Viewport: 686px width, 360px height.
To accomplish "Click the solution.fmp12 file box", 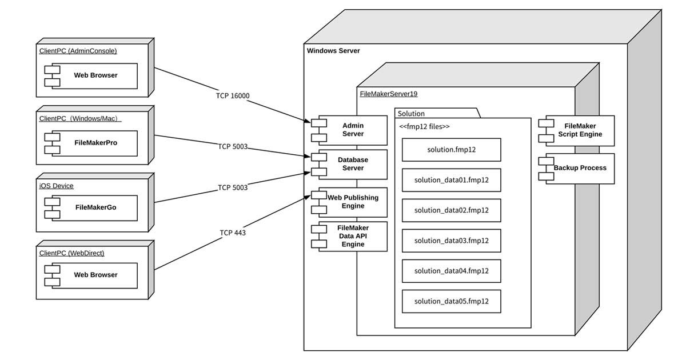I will coord(451,150).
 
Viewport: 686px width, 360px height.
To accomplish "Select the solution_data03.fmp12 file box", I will coord(451,241).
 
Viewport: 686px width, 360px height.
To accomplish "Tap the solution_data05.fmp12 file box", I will coord(451,301).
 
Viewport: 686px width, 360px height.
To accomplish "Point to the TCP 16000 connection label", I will coord(233,96).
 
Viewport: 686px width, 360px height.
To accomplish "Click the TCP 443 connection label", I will coord(233,233).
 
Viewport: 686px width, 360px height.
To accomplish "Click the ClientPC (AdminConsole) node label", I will coord(78,51).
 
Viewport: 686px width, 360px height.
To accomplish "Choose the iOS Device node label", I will coord(56,186).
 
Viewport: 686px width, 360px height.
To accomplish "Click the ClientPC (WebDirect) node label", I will coord(71,253).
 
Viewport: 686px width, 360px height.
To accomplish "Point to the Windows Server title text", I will coord(333,51).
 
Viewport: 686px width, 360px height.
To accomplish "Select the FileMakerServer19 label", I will coord(388,94).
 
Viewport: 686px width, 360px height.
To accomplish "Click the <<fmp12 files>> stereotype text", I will coord(424,126).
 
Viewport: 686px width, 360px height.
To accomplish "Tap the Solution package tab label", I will coord(411,114).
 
